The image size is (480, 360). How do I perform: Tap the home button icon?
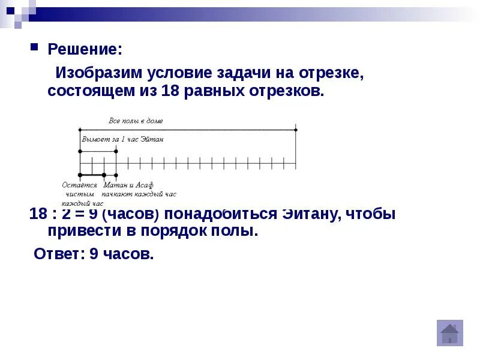tap(449, 333)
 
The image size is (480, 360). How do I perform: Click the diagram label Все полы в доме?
tap(136, 121)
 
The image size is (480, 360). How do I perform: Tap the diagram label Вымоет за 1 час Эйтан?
tap(122, 139)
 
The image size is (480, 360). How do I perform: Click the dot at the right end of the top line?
tap(296, 129)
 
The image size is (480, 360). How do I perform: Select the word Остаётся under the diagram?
tap(79, 185)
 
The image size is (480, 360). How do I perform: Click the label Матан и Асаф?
tap(124, 185)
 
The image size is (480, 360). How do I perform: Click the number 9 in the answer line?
tap(94, 254)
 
